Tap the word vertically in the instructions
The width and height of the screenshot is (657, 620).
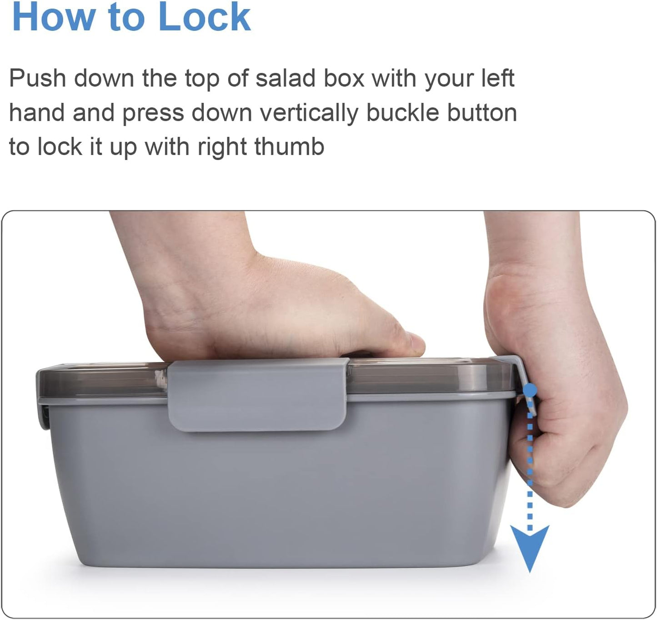coord(309,114)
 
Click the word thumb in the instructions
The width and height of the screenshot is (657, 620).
coord(289,146)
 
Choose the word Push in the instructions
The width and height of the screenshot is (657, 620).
coord(38,78)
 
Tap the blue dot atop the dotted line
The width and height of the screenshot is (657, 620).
coord(530,390)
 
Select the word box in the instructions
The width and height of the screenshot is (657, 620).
coord(344,78)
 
